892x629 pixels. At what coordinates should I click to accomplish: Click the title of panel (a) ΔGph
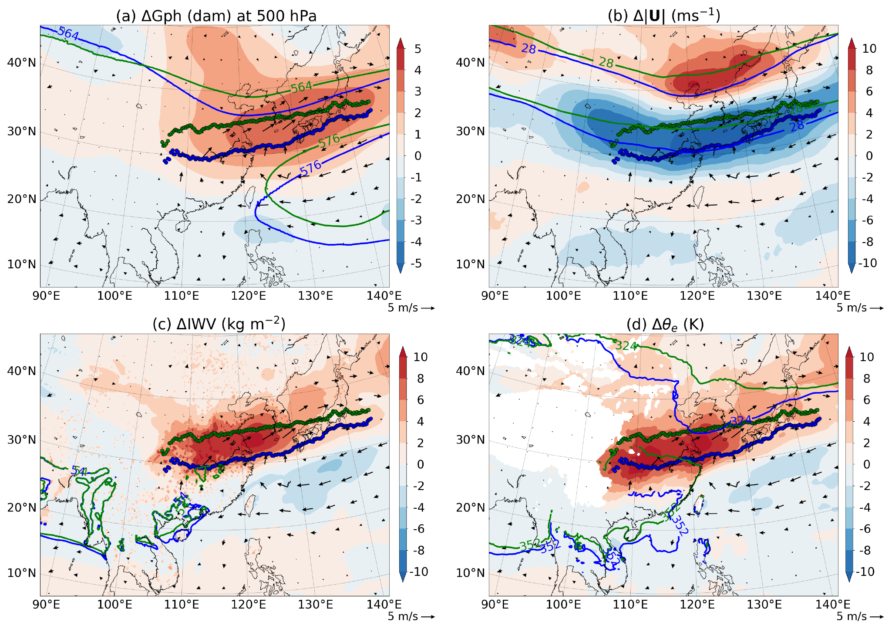pos(216,16)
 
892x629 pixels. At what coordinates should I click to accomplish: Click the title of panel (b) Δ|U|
pos(663,16)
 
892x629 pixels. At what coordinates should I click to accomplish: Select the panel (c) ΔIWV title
pos(219,325)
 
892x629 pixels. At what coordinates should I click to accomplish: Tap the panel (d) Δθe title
pos(665,325)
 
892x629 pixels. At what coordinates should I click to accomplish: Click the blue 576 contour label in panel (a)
pos(310,169)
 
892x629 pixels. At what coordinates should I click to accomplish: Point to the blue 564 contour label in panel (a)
pos(68,33)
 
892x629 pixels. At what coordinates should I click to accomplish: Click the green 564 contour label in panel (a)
pos(302,87)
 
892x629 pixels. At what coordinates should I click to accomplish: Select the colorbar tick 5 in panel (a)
pos(417,49)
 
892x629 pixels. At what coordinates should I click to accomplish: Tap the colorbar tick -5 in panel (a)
pos(416,263)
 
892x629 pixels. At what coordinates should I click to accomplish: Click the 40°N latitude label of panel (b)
pos(470,63)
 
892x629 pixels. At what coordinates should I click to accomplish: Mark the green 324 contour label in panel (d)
pos(626,346)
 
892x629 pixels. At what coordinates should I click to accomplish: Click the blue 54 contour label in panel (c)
pos(79,471)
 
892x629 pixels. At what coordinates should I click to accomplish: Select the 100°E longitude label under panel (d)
pos(563,605)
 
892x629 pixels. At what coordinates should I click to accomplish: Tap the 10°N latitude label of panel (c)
pos(21,573)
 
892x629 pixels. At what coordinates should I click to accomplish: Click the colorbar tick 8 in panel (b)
pos(869,70)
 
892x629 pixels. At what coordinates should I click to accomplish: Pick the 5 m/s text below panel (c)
pos(403,616)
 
